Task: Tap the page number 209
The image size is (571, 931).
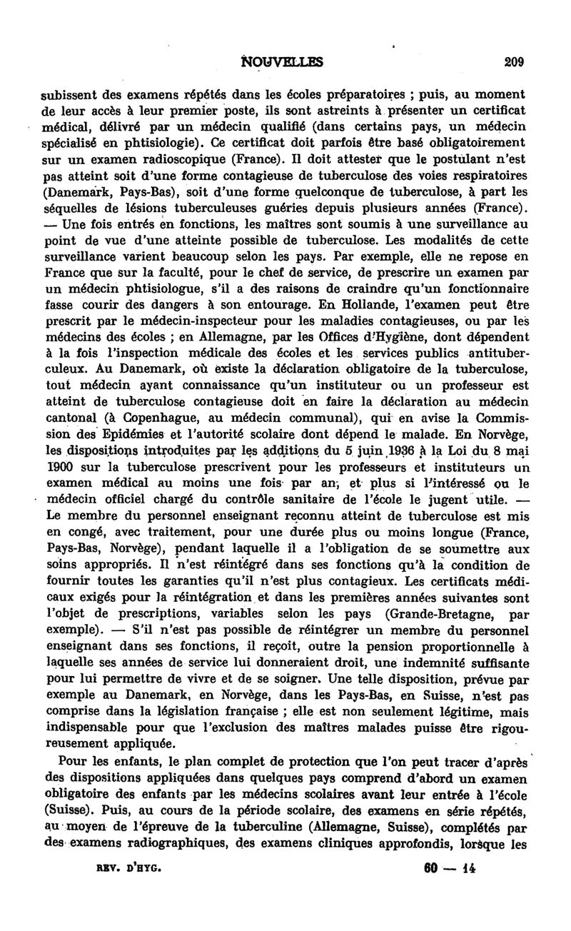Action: coord(514,62)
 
